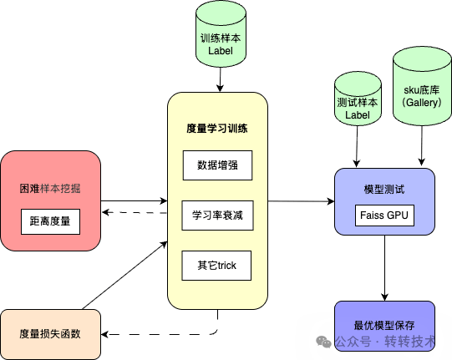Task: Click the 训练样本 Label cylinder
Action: [x=221, y=38]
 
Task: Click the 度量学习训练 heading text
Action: [x=216, y=129]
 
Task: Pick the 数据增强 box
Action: [x=216, y=165]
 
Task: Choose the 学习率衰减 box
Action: [x=216, y=215]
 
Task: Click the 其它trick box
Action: [x=216, y=265]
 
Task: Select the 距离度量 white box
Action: [x=49, y=221]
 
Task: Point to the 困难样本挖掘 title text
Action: [x=49, y=188]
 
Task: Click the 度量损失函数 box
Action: [x=49, y=333]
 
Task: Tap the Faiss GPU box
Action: [x=384, y=215]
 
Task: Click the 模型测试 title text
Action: [x=384, y=190]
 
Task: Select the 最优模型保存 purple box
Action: [x=384, y=324]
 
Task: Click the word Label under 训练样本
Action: [x=221, y=52]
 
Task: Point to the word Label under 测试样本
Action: [x=357, y=114]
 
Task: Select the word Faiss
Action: [x=373, y=215]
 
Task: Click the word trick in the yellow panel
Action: [x=226, y=265]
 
